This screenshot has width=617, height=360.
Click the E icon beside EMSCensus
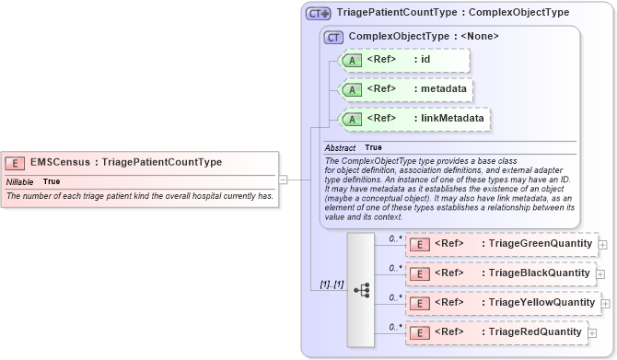[16, 163]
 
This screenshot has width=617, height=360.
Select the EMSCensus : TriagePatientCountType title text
[126, 162]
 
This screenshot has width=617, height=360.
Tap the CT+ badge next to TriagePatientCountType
[319, 13]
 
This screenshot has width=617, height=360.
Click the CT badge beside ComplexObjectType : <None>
[333, 37]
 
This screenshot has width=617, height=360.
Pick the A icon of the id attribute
[352, 61]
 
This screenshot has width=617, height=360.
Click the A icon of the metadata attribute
[352, 89]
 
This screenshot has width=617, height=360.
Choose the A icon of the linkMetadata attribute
[352, 119]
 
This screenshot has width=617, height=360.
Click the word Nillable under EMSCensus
[20, 181]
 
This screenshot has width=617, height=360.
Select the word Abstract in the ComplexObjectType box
[339, 147]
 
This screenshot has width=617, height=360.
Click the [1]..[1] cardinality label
[332, 285]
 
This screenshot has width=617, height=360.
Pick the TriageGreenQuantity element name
[540, 244]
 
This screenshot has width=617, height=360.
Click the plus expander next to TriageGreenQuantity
[602, 245]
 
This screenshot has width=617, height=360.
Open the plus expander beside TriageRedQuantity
[592, 332]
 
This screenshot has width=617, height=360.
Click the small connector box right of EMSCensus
[284, 180]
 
